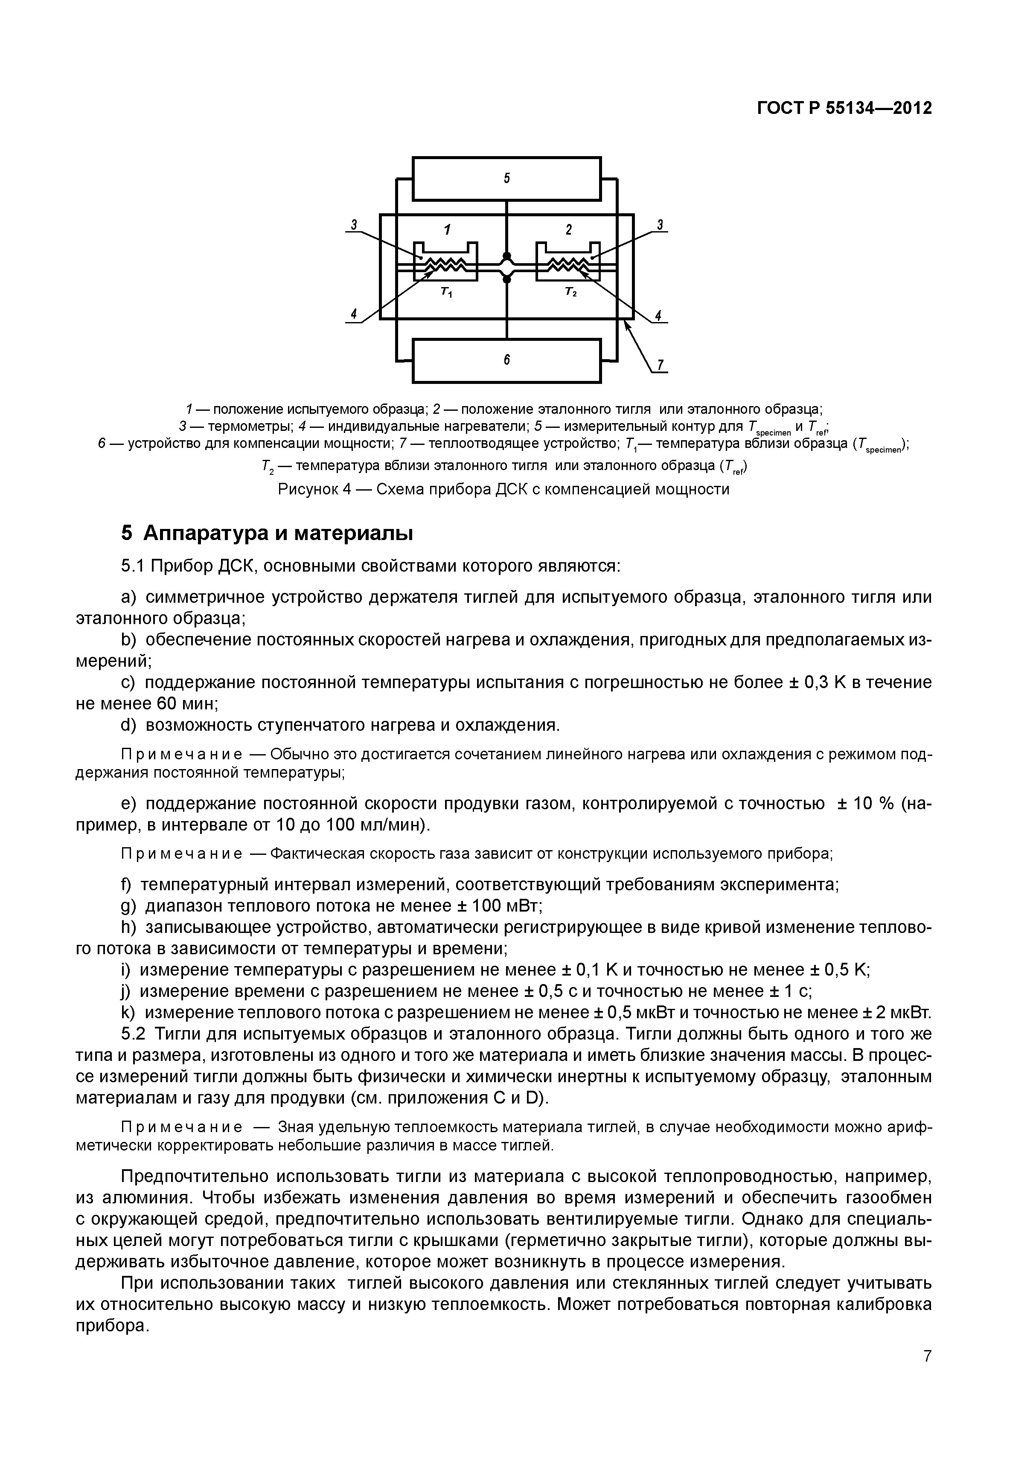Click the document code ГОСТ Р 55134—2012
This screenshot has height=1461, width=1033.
click(844, 109)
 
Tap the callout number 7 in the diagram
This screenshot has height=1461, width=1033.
click(660, 365)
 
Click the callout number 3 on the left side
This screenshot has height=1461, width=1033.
click(354, 224)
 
